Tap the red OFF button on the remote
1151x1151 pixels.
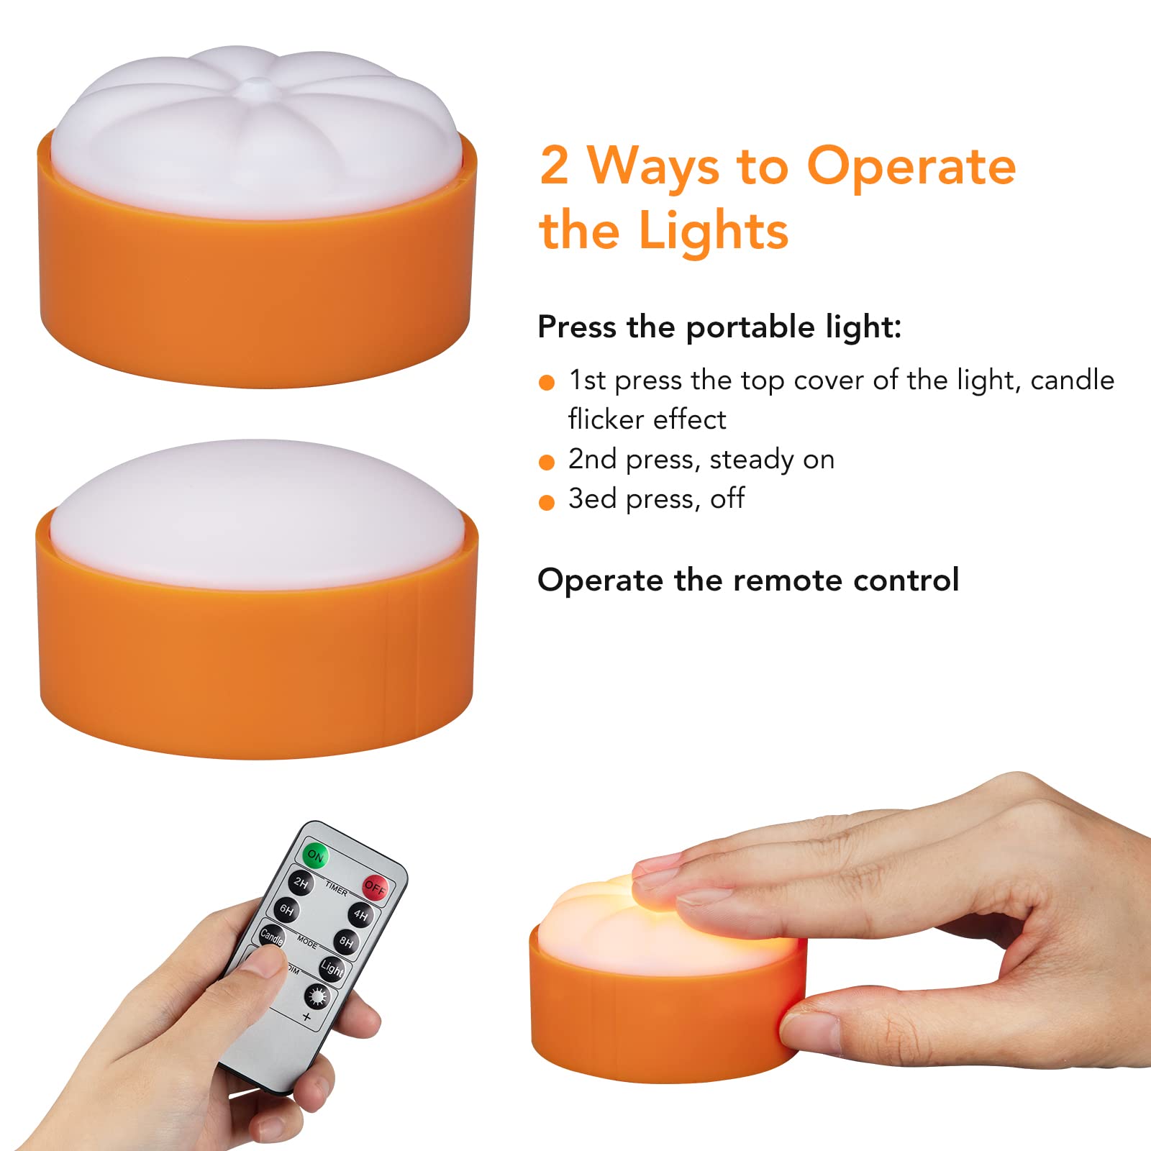tap(375, 888)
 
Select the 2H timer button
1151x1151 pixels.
tap(301, 883)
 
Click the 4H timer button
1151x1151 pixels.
tap(360, 915)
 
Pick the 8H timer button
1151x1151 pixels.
tap(347, 942)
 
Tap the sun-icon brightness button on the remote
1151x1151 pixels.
tap(317, 997)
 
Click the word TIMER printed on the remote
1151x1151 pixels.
tap(336, 888)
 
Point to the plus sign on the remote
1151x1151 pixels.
tap(306, 1017)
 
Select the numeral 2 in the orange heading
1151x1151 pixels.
tap(554, 165)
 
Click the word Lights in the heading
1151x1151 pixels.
tap(714, 231)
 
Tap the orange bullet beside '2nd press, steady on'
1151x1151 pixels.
tap(547, 462)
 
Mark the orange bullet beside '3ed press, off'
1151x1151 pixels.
tap(547, 502)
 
